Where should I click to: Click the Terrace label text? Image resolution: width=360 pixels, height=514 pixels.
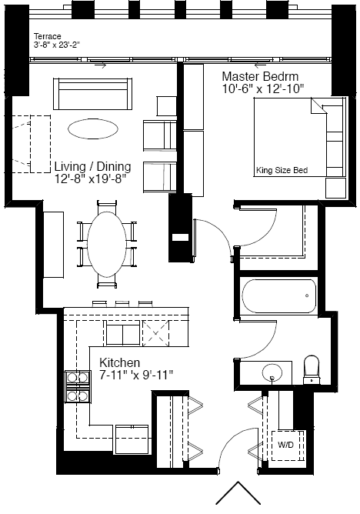[x=47, y=36]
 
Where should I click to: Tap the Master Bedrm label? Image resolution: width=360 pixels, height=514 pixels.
[x=261, y=76]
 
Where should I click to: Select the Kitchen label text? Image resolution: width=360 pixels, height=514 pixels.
[x=119, y=362]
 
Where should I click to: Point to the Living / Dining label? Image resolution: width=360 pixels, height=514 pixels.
[x=93, y=166]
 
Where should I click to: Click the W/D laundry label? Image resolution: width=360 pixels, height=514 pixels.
[x=285, y=445]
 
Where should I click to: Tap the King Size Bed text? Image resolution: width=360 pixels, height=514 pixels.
[x=282, y=170]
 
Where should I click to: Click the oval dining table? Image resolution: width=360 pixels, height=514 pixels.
[x=107, y=244]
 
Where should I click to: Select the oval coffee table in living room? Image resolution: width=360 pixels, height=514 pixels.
[x=93, y=128]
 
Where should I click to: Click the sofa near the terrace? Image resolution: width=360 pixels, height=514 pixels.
[x=93, y=94]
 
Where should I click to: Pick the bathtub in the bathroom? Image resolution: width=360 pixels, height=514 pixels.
[x=279, y=296]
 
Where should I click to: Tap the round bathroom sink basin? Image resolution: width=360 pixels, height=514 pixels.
[x=272, y=373]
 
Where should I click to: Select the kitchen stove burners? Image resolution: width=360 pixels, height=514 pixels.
[x=78, y=387]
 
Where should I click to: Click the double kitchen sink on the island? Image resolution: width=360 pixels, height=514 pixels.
[x=123, y=335]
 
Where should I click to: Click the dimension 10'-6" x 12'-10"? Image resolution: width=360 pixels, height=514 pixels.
[x=263, y=88]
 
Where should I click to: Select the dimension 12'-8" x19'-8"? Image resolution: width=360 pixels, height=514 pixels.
[x=91, y=179]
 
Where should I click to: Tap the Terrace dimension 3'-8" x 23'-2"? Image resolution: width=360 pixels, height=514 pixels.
[x=57, y=45]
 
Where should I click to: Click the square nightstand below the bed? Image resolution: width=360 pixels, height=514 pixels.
[x=335, y=189]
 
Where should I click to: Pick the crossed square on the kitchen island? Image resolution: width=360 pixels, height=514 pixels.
[x=156, y=333]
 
